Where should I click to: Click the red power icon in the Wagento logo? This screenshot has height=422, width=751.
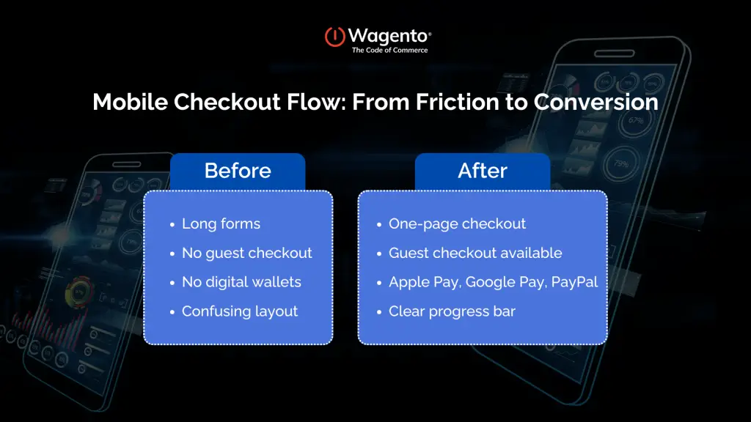point(334,37)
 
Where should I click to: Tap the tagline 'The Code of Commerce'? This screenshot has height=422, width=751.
point(389,51)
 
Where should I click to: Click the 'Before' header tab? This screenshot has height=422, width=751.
point(238,171)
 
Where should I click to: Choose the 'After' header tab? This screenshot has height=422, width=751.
point(482,171)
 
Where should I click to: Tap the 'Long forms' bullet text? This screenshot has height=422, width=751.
point(221,223)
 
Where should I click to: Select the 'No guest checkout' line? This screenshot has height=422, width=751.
point(246,253)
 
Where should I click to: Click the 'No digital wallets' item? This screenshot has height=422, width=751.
point(241,282)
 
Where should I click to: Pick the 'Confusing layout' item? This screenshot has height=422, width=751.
point(240,311)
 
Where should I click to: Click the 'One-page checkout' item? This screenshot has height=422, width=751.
point(457,223)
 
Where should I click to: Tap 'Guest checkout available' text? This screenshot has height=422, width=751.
point(475,253)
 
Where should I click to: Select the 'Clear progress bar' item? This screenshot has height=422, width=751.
point(452,311)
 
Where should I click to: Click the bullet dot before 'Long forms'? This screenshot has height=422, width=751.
point(172,225)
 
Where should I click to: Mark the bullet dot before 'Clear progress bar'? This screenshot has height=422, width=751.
point(378,313)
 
